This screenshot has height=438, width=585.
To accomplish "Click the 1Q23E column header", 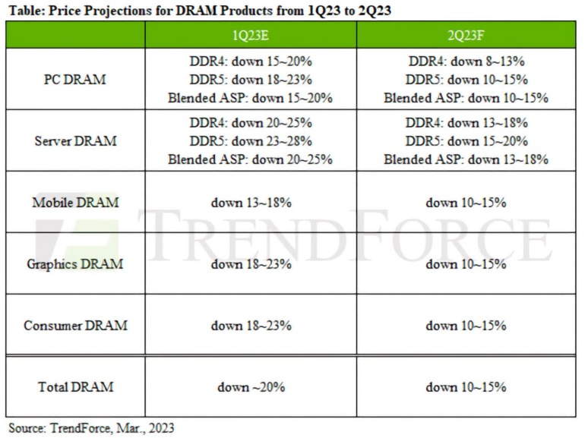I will click(x=251, y=36).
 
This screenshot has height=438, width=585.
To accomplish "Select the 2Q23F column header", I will click(x=465, y=36).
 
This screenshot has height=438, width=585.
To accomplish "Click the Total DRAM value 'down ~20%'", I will click(x=251, y=387).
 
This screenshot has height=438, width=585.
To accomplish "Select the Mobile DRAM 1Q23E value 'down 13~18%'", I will click(x=251, y=203).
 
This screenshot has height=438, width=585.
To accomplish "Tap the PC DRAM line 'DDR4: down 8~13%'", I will click(x=465, y=61).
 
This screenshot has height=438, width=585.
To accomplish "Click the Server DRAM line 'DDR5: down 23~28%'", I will click(x=251, y=140).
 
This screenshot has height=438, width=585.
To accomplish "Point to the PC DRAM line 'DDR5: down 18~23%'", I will click(x=251, y=79).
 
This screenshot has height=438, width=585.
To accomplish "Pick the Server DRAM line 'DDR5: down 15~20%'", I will click(x=465, y=140).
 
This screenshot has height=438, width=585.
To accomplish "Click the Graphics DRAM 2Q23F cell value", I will click(x=465, y=264).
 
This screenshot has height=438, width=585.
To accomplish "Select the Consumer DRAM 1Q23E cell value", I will click(x=251, y=326).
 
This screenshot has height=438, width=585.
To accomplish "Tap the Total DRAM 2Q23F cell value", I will click(x=465, y=387).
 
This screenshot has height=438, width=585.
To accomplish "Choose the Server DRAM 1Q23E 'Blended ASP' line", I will click(x=251, y=159).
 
